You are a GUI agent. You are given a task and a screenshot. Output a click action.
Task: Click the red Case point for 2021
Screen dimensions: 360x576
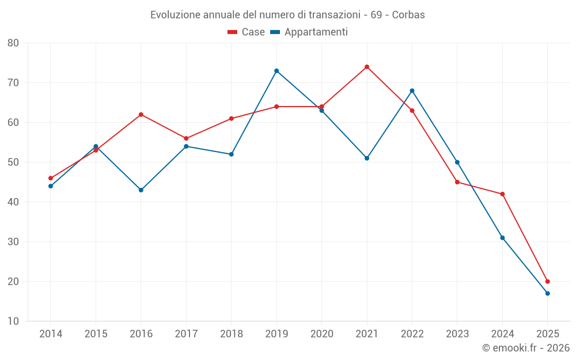click(x=367, y=67)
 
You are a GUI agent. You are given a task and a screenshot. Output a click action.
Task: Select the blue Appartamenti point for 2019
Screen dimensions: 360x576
click(x=276, y=71)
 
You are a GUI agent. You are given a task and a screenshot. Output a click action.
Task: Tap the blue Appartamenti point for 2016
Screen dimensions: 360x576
click(x=141, y=190)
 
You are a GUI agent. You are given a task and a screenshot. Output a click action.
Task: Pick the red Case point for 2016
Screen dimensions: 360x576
click(x=141, y=115)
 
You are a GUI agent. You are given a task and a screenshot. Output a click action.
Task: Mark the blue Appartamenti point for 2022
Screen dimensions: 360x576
click(x=412, y=90)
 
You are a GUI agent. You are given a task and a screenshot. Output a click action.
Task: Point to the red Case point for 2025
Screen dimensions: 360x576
click(x=548, y=282)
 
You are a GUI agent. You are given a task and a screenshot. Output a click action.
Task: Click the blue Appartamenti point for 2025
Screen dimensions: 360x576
click(x=548, y=294)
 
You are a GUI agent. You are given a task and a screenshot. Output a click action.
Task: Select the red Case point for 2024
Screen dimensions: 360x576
click(x=502, y=194)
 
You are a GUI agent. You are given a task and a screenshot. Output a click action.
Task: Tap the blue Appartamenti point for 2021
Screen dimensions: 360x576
click(x=367, y=158)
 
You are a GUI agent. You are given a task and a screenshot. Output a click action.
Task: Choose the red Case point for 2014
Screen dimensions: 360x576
click(x=51, y=179)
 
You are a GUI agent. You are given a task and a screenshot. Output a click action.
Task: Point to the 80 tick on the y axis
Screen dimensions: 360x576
click(x=13, y=43)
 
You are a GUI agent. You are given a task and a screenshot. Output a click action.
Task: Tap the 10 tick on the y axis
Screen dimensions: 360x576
click(x=13, y=321)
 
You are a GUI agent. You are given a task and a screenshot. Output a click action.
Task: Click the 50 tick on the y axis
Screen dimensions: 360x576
click(x=13, y=162)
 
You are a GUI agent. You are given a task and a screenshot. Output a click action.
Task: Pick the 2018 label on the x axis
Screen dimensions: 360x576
click(x=232, y=334)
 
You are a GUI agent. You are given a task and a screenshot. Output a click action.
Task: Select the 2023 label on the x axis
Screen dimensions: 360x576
click(x=457, y=334)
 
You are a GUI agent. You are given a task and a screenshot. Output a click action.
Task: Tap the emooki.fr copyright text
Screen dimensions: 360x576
click(x=526, y=348)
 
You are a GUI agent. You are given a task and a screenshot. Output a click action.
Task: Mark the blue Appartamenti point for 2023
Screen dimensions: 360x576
click(x=457, y=162)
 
